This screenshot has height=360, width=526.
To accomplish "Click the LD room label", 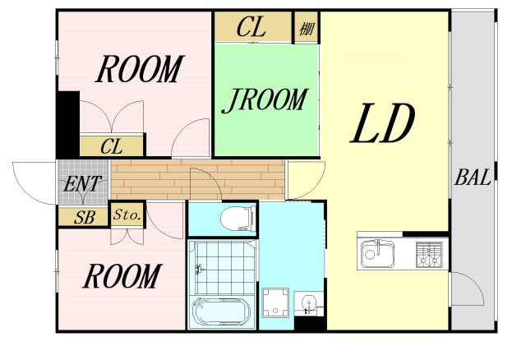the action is (383, 123).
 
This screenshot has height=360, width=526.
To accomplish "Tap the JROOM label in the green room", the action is (265, 100).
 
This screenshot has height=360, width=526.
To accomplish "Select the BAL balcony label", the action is (473, 178).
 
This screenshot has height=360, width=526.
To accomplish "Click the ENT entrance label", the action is (82, 184).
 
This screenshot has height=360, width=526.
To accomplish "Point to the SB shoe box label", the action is (85, 218).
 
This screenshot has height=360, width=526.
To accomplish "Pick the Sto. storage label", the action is (127, 215).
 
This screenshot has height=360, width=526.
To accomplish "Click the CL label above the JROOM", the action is (251, 27).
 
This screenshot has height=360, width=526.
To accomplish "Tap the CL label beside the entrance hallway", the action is (112, 146).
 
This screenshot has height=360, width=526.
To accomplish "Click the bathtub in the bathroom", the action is (221, 311).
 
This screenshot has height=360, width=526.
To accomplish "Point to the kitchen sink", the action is (377, 254).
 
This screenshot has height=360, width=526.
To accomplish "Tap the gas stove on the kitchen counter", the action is (429, 255).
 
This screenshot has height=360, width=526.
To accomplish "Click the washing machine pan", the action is (276, 302).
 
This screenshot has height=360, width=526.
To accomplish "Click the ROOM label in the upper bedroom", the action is (140, 69).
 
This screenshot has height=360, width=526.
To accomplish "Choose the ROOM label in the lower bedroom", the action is (122, 276).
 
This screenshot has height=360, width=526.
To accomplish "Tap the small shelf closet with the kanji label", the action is (307, 28).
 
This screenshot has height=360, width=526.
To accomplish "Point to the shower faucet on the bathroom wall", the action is (199, 269).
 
